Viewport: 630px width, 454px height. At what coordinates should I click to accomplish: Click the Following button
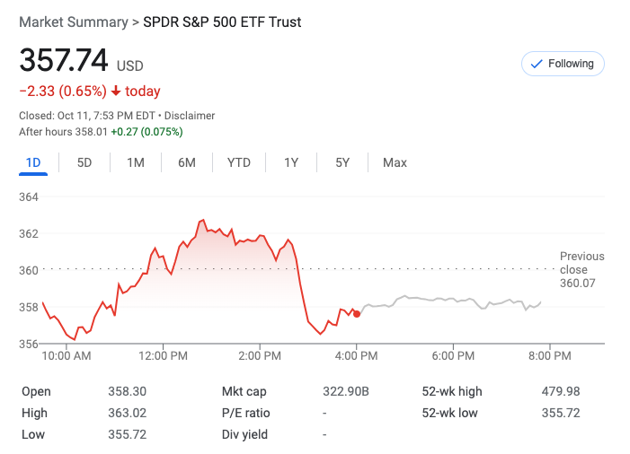(563, 64)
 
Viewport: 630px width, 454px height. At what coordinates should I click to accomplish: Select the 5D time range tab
(84, 162)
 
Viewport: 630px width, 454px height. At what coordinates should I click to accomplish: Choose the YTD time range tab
(239, 162)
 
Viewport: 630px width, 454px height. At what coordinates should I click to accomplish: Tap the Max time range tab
(395, 162)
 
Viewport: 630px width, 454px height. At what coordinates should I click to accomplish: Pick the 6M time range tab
(187, 162)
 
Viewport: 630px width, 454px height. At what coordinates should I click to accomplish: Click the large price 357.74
(64, 61)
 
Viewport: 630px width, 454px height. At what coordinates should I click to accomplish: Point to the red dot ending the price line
(357, 313)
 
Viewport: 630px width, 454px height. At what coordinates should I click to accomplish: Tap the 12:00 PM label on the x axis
(164, 356)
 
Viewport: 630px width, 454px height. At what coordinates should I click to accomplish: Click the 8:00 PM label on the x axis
(550, 356)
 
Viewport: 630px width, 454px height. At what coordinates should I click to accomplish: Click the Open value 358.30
(127, 391)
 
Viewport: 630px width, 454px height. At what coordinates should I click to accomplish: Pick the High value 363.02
(127, 413)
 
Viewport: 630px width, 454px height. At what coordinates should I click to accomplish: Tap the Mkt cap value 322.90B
(346, 391)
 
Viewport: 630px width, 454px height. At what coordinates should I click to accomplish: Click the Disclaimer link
(189, 116)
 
